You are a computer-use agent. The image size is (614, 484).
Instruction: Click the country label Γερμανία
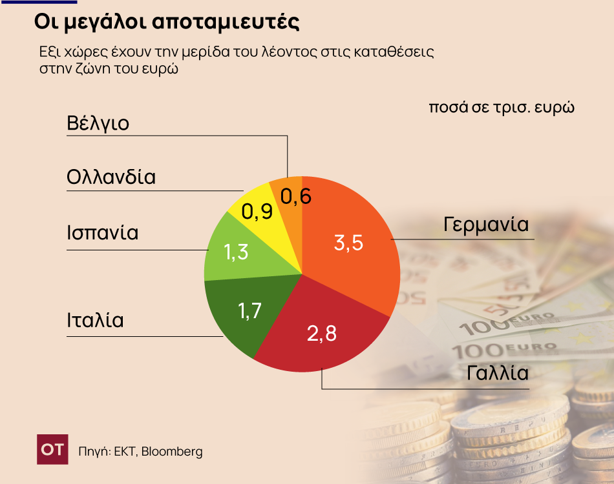(x=486, y=225)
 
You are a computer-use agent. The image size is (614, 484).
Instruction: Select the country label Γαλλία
(x=498, y=373)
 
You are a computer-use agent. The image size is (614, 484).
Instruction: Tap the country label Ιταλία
(x=95, y=320)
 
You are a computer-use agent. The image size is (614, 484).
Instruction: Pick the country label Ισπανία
(x=102, y=232)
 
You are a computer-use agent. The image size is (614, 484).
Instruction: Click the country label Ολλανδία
(x=111, y=177)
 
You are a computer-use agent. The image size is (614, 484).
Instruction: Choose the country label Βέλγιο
(x=98, y=123)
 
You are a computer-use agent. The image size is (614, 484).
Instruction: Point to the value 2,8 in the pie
(x=322, y=334)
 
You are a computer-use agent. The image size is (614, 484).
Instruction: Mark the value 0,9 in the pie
(x=256, y=211)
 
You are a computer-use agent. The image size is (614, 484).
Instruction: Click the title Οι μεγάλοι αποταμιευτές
(x=167, y=22)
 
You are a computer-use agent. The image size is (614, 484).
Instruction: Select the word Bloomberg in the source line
(x=172, y=451)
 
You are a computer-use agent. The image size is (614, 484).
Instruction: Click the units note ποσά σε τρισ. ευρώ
(x=502, y=106)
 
